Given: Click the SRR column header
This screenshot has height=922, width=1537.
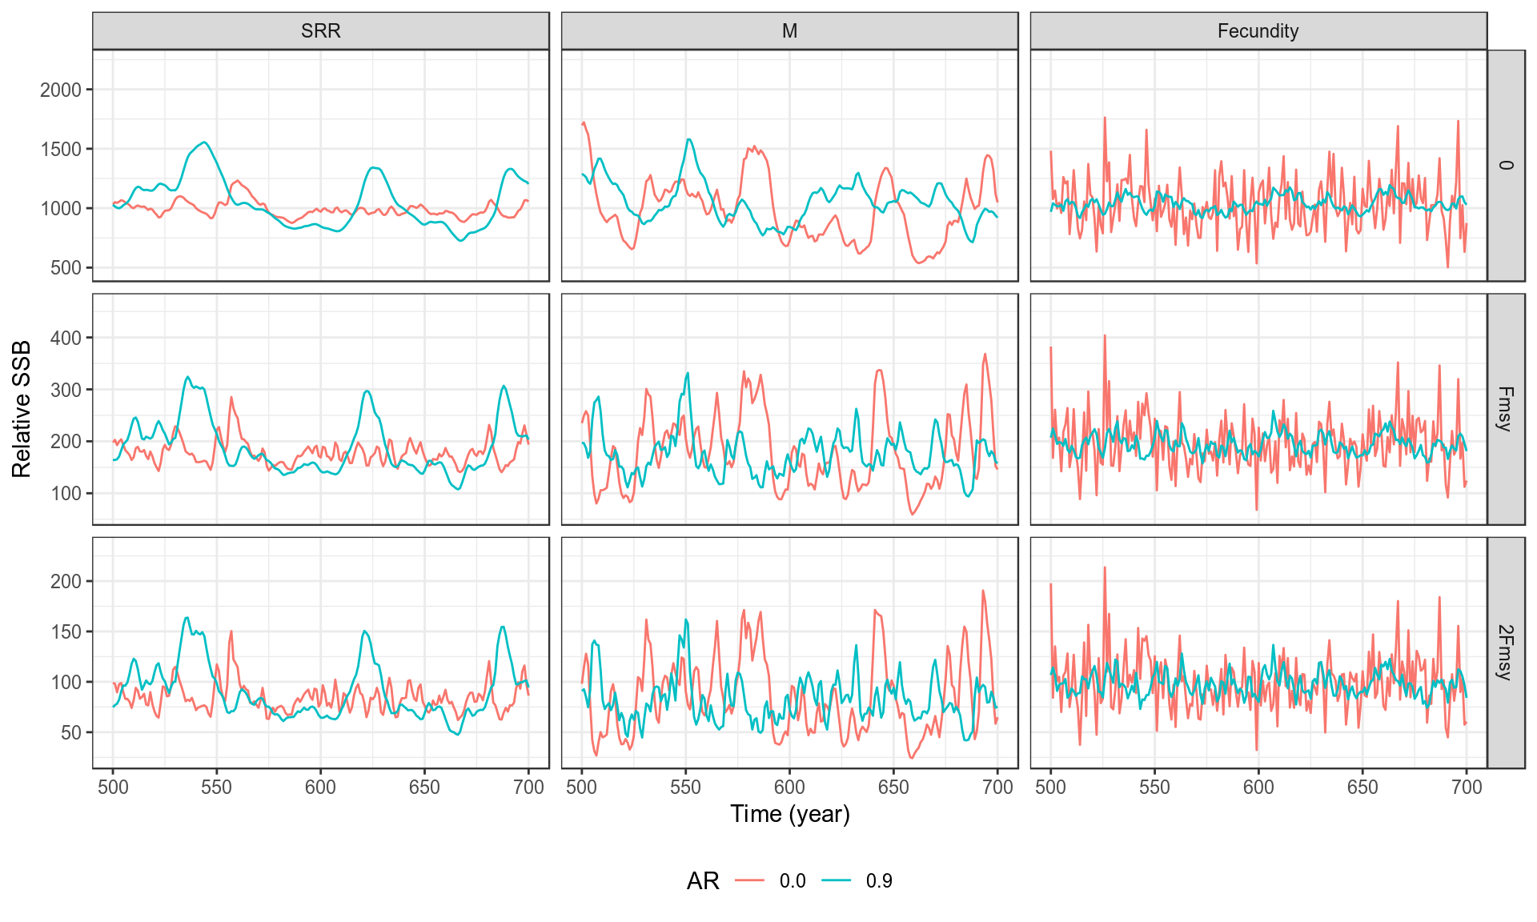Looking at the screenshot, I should pyautogui.click(x=320, y=31).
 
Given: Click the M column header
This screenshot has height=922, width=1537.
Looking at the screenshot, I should pyautogui.click(x=789, y=31).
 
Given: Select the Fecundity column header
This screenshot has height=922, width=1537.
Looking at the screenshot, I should pyautogui.click(x=1258, y=31).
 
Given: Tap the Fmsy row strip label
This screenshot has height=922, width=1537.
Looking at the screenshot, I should pyautogui.click(x=1505, y=409).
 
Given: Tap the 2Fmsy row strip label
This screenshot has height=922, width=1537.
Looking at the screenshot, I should pyautogui.click(x=1505, y=652).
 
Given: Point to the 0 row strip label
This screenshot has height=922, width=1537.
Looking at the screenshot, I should pyautogui.click(x=1505, y=166).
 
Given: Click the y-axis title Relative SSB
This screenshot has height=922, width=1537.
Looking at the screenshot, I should pyautogui.click(x=22, y=409).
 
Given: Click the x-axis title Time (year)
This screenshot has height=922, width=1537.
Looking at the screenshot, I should pyautogui.click(x=789, y=814).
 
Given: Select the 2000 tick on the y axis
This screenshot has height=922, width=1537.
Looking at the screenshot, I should pyautogui.click(x=61, y=90).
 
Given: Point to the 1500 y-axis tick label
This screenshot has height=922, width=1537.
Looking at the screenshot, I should pyautogui.click(x=61, y=149).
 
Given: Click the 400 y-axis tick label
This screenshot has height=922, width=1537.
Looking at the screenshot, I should pyautogui.click(x=66, y=338).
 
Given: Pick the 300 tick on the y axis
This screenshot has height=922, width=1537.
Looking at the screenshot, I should pyautogui.click(x=66, y=390).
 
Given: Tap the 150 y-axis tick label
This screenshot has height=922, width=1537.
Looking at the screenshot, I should pyautogui.click(x=66, y=631).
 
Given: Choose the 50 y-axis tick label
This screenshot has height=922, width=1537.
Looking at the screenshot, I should pyautogui.click(x=70, y=732).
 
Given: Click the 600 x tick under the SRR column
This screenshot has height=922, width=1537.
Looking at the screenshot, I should pyautogui.click(x=320, y=788).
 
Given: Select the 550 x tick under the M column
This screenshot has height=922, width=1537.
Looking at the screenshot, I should pyautogui.click(x=685, y=788).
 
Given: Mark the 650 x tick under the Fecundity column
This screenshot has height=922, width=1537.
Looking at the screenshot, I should pyautogui.click(x=1362, y=788).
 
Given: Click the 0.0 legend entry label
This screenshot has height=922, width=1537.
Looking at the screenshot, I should pyautogui.click(x=793, y=881).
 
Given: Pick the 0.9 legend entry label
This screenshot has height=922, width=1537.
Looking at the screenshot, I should pyautogui.click(x=879, y=881).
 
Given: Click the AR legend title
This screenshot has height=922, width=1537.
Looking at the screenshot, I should pyautogui.click(x=703, y=881).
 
